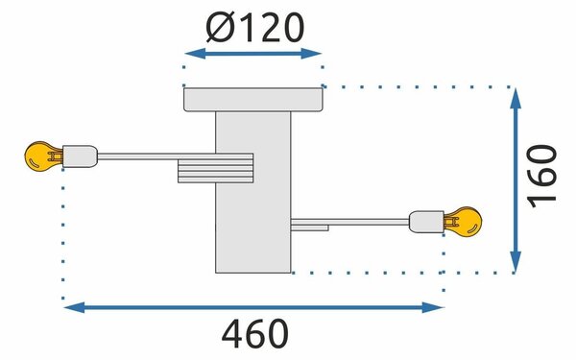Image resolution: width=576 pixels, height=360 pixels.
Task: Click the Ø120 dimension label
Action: click(x=255, y=28)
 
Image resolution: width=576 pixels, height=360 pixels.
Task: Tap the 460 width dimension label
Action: click(x=255, y=334)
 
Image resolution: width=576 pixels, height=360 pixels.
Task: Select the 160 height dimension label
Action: click(x=541, y=177)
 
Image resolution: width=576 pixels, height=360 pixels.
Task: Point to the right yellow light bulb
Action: click(x=463, y=222)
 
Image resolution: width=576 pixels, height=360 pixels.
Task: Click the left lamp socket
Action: click(x=80, y=156)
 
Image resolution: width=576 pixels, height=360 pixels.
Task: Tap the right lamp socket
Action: click(x=426, y=222)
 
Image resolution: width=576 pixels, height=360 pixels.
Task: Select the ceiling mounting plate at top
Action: click(x=253, y=100)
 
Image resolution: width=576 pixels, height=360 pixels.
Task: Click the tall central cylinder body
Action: click(x=253, y=192)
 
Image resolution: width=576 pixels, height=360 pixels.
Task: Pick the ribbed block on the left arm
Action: click(x=216, y=168)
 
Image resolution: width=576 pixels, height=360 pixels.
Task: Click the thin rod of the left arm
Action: click(x=156, y=156)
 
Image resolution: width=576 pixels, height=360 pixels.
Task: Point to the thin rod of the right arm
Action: click(x=350, y=222)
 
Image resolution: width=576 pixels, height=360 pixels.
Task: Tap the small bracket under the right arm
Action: click(x=310, y=228)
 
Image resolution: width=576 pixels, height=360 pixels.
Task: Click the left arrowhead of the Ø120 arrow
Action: click(x=194, y=54)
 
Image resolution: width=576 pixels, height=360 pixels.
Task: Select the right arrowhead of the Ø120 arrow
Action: click(x=311, y=54)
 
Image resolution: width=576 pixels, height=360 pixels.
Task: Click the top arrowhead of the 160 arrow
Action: click(x=516, y=98)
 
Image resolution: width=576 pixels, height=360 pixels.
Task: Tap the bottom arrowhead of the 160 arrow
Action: click(x=516, y=262)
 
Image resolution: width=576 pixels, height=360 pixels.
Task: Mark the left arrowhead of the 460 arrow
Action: click(x=75, y=307)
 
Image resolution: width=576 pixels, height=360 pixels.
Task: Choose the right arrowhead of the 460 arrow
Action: click(x=433, y=307)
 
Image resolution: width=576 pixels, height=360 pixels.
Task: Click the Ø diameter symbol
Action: click(x=221, y=28)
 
